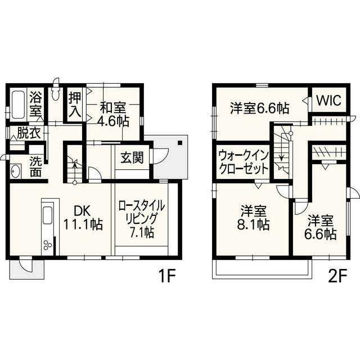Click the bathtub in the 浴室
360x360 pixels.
18,105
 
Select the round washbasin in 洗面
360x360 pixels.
15,171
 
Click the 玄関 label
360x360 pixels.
132,157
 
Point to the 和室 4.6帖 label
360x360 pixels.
113,115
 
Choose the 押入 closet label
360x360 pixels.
75,105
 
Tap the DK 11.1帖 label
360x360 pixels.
83,218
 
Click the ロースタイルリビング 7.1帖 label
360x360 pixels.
142,219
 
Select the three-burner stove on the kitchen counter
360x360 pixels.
48,245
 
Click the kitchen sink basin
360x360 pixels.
48,215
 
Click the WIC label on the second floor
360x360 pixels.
328,100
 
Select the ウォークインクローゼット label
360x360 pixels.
244,163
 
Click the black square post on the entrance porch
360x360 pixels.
180,143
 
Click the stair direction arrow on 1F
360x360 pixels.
75,170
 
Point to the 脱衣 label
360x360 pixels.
29,133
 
